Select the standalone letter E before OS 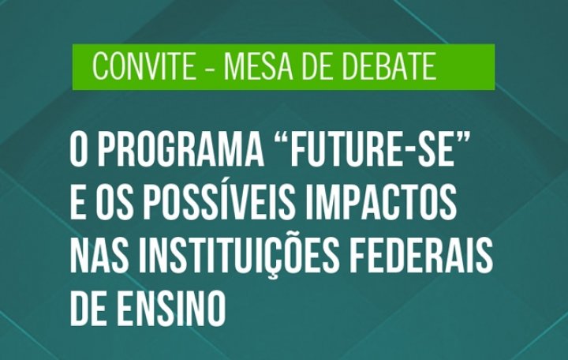coord(77,204)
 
